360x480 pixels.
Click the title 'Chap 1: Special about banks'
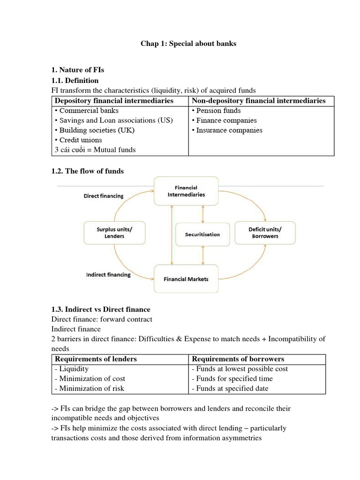tap(188, 44)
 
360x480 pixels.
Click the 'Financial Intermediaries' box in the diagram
tap(186, 191)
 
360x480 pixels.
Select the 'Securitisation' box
tap(202, 234)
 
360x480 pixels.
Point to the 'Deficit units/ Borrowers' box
tap(265, 232)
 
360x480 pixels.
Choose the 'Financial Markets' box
tap(186, 279)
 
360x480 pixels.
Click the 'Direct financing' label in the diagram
tap(104, 196)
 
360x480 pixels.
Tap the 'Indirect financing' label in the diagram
tap(108, 275)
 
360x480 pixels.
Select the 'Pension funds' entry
tap(216, 111)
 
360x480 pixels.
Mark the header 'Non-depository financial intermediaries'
tap(259, 101)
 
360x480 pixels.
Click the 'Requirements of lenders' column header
tap(96, 359)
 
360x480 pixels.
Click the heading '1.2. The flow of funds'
tap(87, 171)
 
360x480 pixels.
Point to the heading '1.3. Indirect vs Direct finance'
tap(100, 309)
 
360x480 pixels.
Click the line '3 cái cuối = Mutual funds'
tap(95, 150)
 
